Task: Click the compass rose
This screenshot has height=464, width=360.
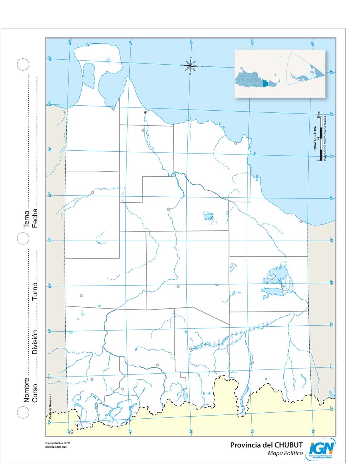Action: [190, 65]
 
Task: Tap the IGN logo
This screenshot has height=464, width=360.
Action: [322, 449]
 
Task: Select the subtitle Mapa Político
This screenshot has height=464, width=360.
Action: [285, 453]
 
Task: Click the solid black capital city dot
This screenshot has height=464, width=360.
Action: [145, 112]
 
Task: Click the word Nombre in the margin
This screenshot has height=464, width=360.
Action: [27, 390]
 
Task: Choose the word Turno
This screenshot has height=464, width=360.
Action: [35, 291]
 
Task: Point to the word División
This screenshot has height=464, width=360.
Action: [35, 342]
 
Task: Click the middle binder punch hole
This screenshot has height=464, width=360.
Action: [23, 238]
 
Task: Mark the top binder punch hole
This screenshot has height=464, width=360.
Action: [23, 64]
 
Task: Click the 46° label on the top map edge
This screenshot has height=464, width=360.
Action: [313, 44]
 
